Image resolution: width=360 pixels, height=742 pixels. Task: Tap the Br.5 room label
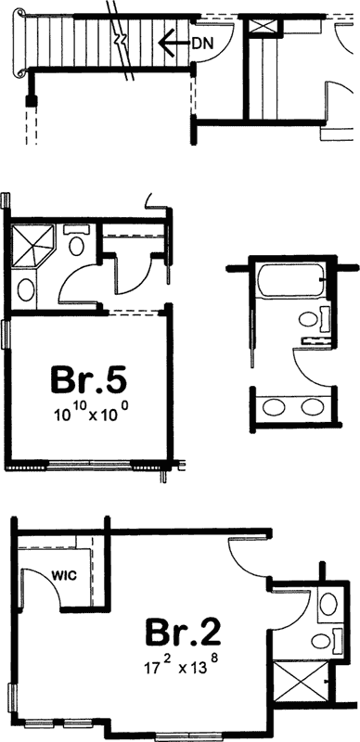[88, 380]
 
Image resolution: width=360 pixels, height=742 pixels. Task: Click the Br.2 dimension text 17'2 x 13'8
[182, 664]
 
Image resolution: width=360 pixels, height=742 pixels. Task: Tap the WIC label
[64, 574]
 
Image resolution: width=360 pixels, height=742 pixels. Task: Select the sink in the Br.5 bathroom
[28, 289]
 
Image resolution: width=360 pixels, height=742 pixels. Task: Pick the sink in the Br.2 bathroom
[327, 604]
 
